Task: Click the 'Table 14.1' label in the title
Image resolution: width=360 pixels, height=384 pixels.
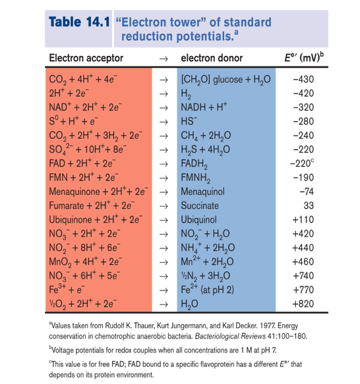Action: (79, 21)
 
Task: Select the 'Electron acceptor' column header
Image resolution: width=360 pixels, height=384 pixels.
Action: (86, 58)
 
